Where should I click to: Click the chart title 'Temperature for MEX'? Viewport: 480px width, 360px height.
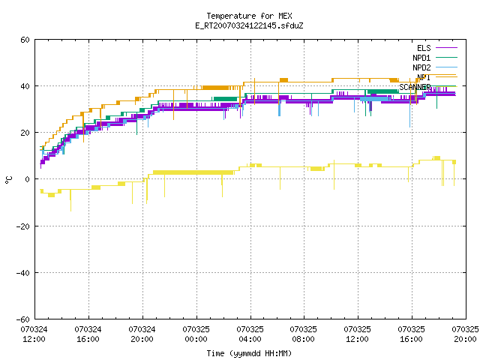(249, 16)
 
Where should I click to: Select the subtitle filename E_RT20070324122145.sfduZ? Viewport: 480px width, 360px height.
(249, 25)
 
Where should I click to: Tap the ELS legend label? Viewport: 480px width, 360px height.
(424, 48)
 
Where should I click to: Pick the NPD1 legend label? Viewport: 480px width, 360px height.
(421, 58)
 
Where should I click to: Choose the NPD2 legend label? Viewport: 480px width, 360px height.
(421, 67)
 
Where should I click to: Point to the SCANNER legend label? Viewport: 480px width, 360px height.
(415, 87)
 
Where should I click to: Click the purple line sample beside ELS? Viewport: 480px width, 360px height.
(446, 48)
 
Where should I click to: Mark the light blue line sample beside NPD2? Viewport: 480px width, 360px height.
(446, 67)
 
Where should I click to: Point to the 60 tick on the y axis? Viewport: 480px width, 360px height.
(25, 40)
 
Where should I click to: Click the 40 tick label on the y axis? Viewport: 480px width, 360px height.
(25, 86)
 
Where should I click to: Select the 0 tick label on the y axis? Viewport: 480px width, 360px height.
(28, 179)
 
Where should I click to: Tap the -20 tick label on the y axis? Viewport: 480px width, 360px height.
(23, 226)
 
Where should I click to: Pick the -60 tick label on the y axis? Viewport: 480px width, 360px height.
(23, 319)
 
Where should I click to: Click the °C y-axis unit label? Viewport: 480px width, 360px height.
(8, 180)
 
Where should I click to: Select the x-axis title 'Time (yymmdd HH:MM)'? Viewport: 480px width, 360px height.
(249, 353)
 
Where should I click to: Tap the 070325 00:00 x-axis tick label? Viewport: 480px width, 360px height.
(196, 334)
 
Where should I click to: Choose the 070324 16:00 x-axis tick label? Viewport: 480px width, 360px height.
(88, 334)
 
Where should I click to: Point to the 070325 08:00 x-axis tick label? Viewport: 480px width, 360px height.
(303, 334)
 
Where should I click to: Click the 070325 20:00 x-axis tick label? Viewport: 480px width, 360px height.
(465, 334)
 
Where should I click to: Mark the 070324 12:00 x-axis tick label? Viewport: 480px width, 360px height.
(34, 334)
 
